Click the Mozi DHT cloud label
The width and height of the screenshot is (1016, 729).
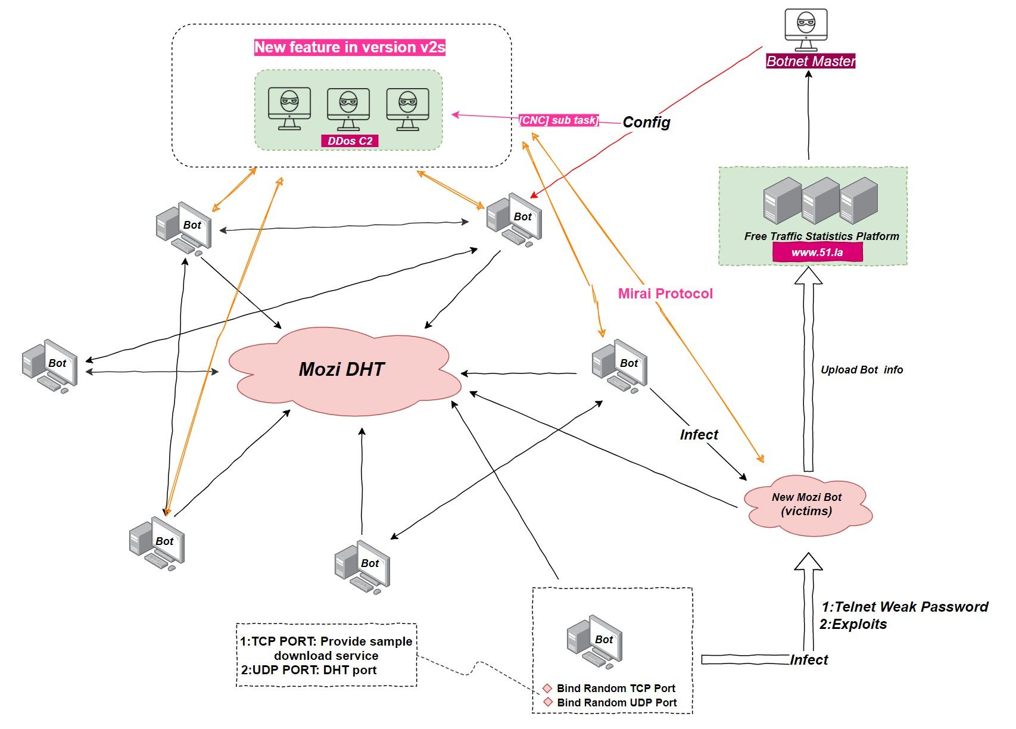click(x=341, y=369)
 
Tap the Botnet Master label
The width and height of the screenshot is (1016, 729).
click(x=810, y=61)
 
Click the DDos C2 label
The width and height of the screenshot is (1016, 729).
click(x=350, y=141)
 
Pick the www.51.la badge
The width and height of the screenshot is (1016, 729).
click(x=817, y=253)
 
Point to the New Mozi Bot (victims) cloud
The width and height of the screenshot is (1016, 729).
click(x=807, y=504)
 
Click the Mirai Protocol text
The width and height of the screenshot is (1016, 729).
click(x=665, y=294)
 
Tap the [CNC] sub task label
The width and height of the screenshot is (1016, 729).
click(x=559, y=120)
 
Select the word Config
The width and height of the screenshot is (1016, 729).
click(x=646, y=122)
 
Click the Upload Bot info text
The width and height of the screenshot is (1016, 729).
click(x=861, y=370)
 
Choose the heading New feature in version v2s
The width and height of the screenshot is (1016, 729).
click(x=350, y=47)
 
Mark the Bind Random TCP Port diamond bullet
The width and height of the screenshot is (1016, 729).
click(x=547, y=688)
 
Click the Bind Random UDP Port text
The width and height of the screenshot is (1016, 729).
click(x=616, y=703)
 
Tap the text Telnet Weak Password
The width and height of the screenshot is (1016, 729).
click(x=911, y=607)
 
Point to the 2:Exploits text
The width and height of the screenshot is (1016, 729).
click(x=853, y=624)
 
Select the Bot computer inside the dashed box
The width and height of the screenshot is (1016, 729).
click(x=594, y=643)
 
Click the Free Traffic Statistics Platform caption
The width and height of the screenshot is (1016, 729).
click(x=821, y=236)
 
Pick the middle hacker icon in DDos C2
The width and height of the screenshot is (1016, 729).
click(x=348, y=109)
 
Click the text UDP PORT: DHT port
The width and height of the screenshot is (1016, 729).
click(x=308, y=670)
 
